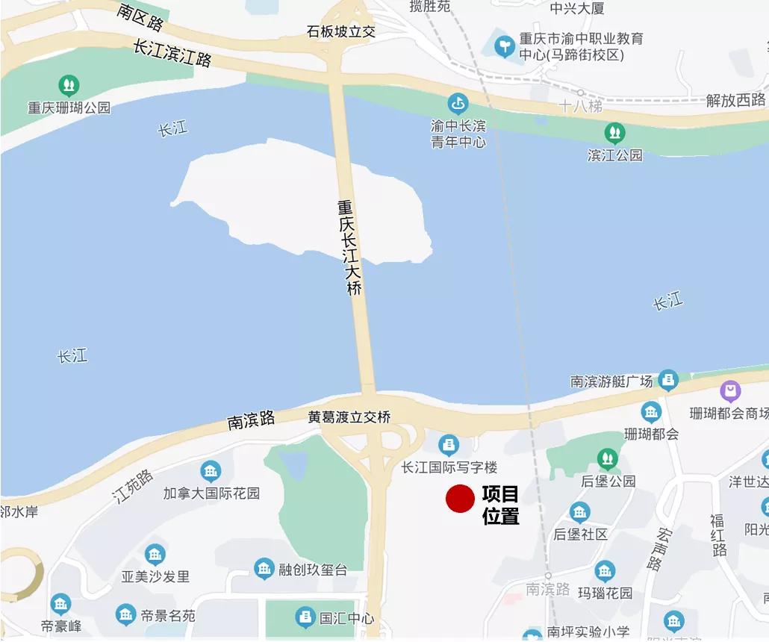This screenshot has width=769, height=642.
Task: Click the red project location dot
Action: pyautogui.click(x=460, y=499)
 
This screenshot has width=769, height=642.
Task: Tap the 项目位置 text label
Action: pyautogui.click(x=500, y=505)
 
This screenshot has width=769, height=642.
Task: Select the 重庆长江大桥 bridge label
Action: pyautogui.click(x=349, y=247)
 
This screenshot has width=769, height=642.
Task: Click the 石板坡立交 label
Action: pyautogui.click(x=341, y=31)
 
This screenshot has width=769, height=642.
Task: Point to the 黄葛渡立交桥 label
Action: pyautogui.click(x=349, y=417)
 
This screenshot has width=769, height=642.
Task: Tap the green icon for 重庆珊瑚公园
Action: pyautogui.click(x=69, y=85)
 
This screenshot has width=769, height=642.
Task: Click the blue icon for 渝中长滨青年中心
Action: pyautogui.click(x=458, y=103)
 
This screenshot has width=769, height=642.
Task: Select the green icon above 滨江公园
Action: pyautogui.click(x=614, y=133)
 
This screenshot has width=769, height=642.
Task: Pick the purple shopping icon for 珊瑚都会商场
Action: pyautogui.click(x=730, y=390)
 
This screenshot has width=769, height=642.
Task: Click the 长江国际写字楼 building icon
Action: pyautogui.click(x=449, y=446)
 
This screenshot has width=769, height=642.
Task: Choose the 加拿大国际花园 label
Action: pyautogui.click(x=211, y=493)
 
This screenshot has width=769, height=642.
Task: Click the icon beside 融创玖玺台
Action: pyautogui.click(x=264, y=569)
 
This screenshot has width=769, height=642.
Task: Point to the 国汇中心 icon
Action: pyautogui.click(x=305, y=617)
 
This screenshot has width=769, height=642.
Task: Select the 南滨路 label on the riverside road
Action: pyautogui.click(x=251, y=420)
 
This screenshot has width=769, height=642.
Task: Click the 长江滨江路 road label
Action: pyautogui.click(x=172, y=53)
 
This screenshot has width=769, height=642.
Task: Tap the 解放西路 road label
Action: pyautogui.click(x=735, y=100)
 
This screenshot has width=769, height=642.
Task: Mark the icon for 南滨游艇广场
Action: pyautogui.click(x=668, y=379)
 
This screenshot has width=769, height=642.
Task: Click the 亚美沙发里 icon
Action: pyautogui.click(x=155, y=554)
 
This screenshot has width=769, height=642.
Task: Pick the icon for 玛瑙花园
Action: pyautogui.click(x=605, y=572)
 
